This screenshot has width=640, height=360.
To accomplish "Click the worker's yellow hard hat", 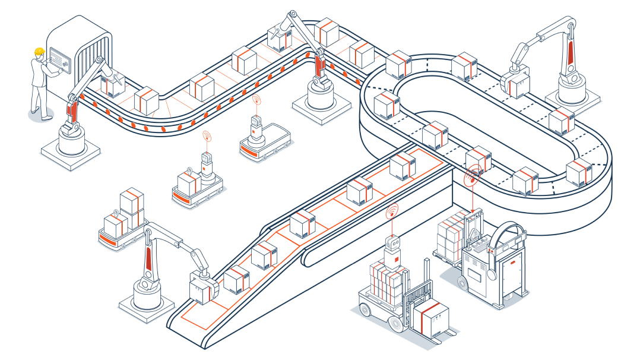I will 39,52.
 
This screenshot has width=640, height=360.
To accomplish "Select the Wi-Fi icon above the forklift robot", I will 391,212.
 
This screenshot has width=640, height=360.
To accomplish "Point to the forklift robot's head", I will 393,242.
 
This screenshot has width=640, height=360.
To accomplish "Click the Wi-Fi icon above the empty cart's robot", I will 256,100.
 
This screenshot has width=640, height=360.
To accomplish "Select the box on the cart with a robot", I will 189,184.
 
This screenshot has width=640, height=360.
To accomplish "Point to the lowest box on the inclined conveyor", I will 237,279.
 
